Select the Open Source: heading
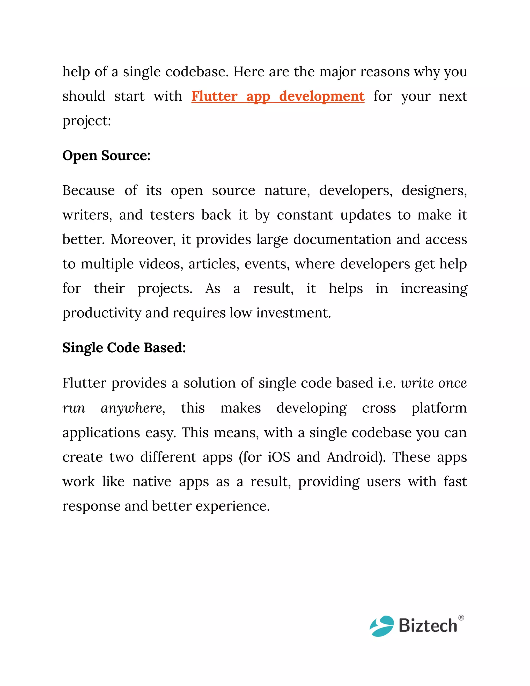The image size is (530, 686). (x=106, y=156)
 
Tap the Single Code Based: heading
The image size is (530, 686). (x=124, y=348)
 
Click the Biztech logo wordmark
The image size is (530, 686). (x=428, y=626)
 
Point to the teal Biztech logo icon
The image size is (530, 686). (x=381, y=626)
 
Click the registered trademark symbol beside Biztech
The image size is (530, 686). (x=461, y=618)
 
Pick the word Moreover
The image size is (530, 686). (x=143, y=239)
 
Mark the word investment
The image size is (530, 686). (x=293, y=313)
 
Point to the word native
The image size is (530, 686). (x=152, y=481)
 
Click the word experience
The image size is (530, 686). (x=232, y=506)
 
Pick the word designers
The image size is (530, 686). (x=434, y=191)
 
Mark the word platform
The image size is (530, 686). (x=439, y=408)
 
